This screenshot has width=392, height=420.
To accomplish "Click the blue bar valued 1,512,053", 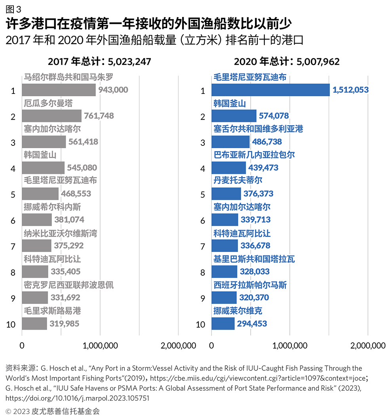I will pos(270,90).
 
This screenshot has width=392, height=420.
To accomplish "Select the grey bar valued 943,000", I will pos(59,90).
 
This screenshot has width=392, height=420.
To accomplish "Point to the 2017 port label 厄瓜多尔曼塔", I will pos(48,104).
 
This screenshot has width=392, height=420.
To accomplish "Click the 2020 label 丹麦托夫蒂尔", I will pos(238,181).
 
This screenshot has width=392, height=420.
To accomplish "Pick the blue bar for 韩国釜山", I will pos(234,116).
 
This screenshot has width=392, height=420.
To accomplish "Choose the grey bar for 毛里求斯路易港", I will pos(34,324).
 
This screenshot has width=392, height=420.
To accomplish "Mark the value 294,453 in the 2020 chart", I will pos(252,324).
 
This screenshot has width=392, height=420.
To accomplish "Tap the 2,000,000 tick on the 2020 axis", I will pos(368,346).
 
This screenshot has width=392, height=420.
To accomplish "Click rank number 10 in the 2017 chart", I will pos(11,325).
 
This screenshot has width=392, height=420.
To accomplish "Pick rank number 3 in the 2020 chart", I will pos(203,143).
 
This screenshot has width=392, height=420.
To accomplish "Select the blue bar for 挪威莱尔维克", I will pos(223,324).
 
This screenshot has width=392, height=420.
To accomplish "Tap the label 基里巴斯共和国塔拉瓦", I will pos(254,259).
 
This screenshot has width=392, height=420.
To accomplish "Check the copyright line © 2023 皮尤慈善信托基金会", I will pos(53,411).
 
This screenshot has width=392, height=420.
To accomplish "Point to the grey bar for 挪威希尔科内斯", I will pos(37,220).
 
